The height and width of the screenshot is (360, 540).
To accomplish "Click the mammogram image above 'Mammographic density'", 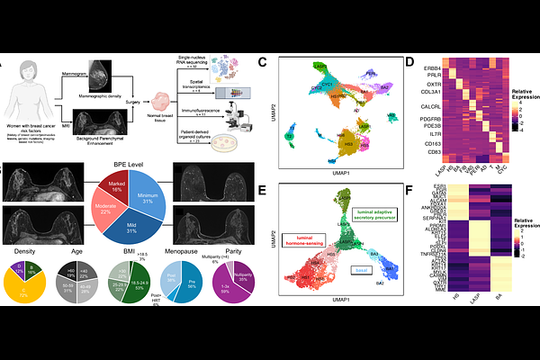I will click(x=93, y=72).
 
